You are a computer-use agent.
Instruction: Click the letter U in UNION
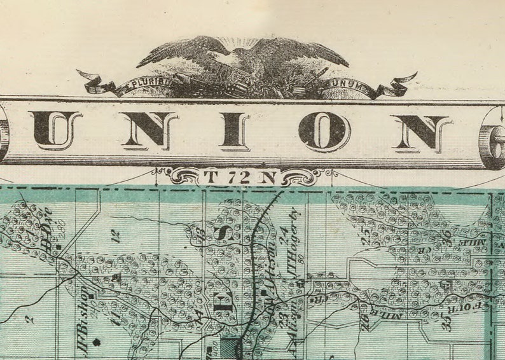(55, 130)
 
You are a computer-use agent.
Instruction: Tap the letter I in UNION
(233, 131)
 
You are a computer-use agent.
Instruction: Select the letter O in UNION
(324, 132)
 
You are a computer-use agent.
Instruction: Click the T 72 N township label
(240, 177)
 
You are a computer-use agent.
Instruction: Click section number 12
(115, 237)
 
